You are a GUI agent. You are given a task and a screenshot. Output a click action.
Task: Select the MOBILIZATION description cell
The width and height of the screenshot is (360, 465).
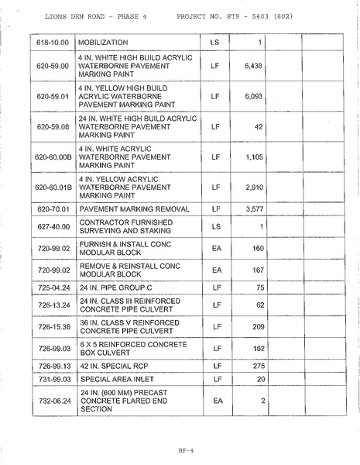pyautogui.click(x=114, y=41)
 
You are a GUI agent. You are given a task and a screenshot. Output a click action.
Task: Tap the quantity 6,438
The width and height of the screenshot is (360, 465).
pyautogui.click(x=255, y=67)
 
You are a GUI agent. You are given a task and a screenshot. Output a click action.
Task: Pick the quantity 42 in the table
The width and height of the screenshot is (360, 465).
pyautogui.click(x=259, y=126)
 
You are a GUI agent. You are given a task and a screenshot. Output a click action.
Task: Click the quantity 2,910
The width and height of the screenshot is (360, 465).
pyautogui.click(x=255, y=187)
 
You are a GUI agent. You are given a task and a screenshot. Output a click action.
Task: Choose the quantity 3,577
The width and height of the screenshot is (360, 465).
pyautogui.click(x=255, y=208)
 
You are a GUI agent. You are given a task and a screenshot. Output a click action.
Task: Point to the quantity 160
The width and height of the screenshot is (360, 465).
pyautogui.click(x=258, y=249)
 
